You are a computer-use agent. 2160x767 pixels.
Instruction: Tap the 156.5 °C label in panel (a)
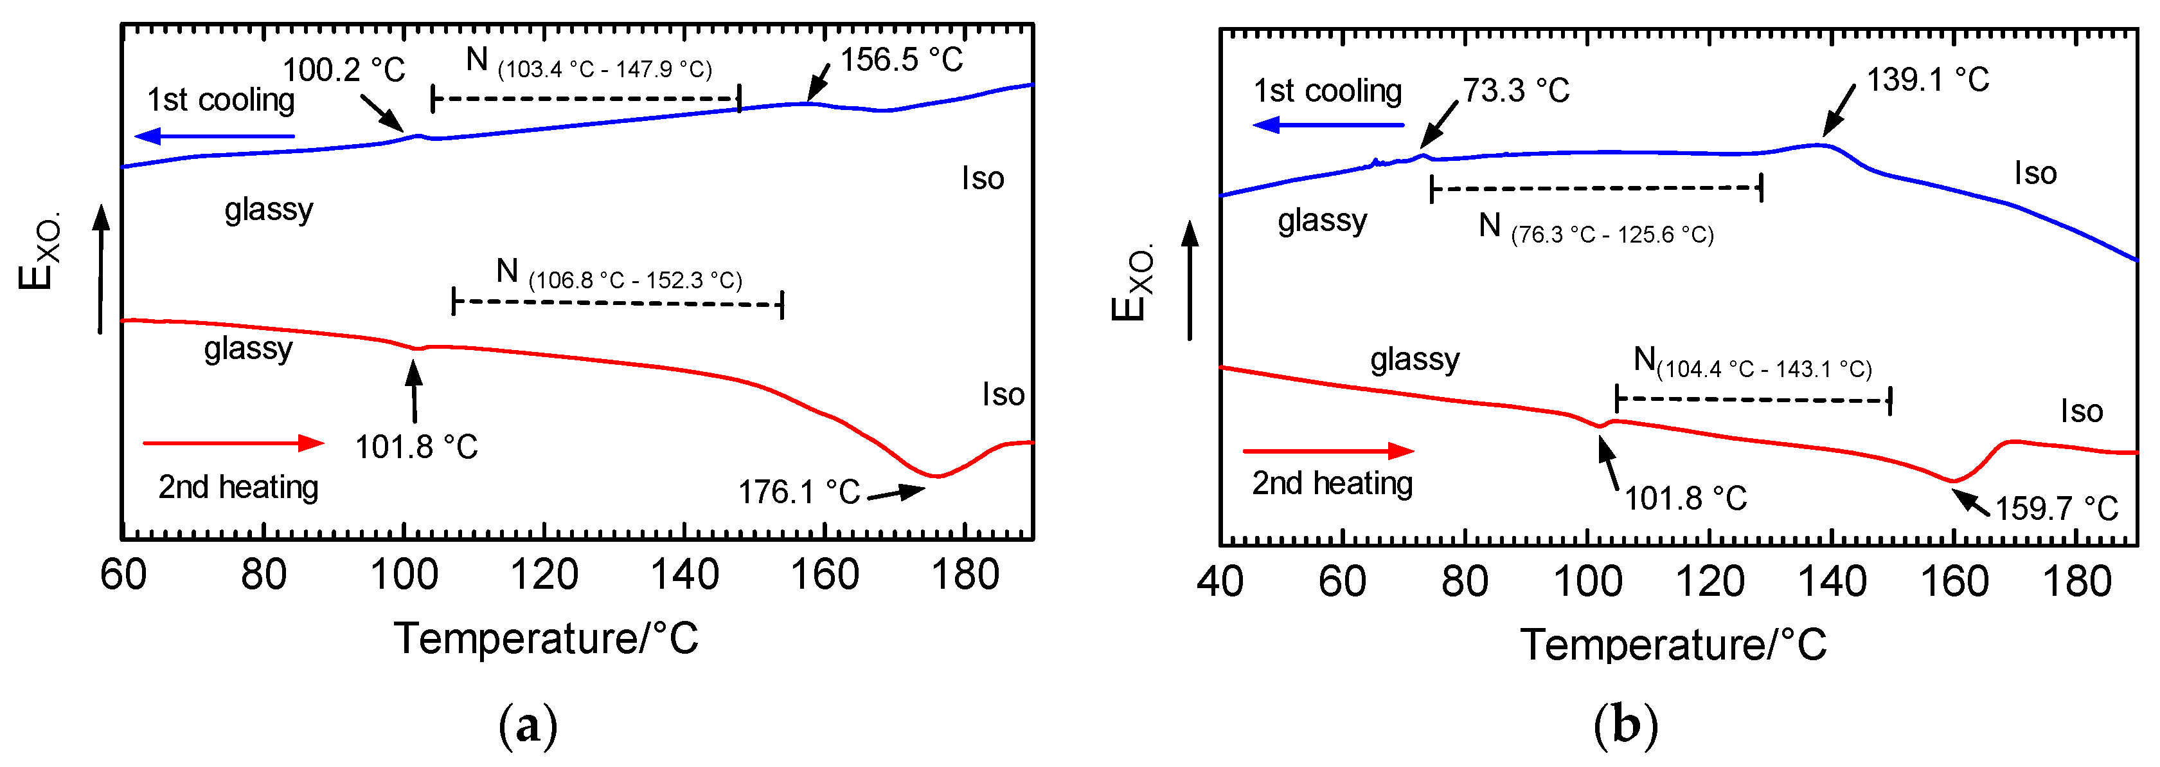[902, 60]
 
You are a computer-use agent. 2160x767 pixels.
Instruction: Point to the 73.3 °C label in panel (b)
[1515, 91]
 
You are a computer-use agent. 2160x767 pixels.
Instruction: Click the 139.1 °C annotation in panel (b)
[1927, 80]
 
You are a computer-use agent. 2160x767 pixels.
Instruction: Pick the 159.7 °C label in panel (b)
[2056, 508]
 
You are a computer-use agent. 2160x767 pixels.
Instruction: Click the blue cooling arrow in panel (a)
[214, 136]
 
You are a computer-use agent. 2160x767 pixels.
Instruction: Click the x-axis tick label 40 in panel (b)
[1219, 582]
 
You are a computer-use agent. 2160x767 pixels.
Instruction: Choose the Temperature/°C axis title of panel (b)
[1672, 645]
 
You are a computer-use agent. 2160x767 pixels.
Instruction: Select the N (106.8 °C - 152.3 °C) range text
[619, 275]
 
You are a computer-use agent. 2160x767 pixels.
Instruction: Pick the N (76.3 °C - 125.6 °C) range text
[1595, 229]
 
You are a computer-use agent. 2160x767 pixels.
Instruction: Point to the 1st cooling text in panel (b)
[1326, 91]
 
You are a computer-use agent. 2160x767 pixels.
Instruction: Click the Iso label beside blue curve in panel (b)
[2035, 174]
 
